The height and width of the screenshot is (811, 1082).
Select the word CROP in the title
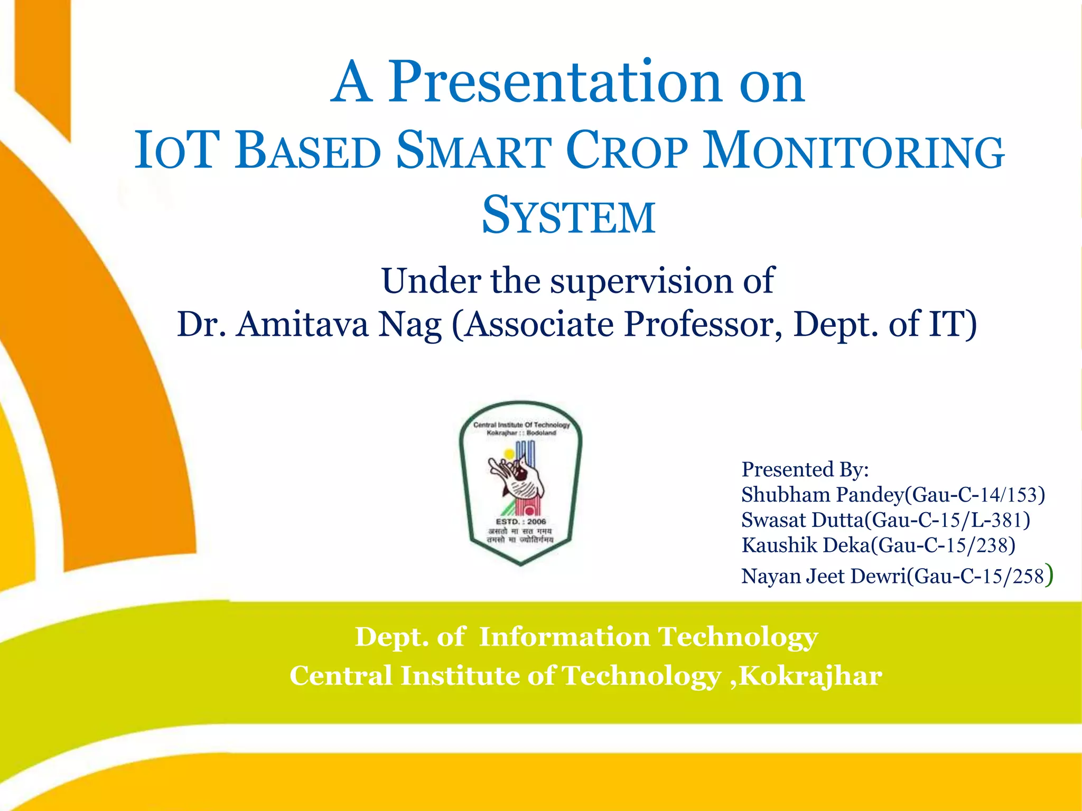point(627,152)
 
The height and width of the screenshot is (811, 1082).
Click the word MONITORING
point(853,152)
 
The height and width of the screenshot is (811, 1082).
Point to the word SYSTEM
point(568,216)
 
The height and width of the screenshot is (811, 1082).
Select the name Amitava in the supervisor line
point(302,324)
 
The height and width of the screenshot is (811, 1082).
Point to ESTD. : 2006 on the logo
point(520,521)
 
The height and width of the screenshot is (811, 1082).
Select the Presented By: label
point(805,469)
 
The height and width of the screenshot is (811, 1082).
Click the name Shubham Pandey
point(823,495)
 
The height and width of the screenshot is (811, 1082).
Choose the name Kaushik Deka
point(805,545)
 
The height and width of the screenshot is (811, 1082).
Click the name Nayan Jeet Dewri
point(823,576)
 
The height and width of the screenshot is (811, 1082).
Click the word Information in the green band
point(564,637)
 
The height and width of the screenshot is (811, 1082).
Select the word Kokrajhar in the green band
point(810,676)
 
